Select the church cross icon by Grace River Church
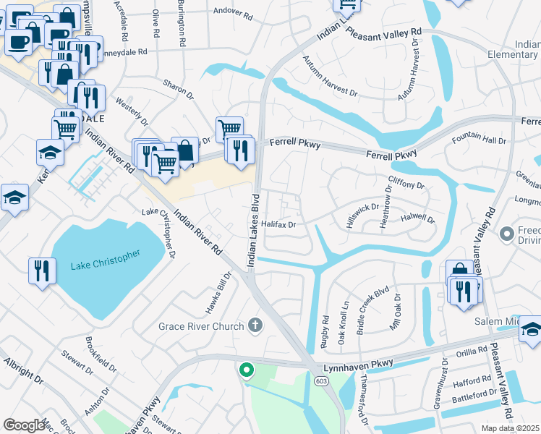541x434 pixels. [254, 325]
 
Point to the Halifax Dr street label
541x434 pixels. [279, 225]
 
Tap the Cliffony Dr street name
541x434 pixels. [407, 184]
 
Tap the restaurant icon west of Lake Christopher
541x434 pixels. [42, 271]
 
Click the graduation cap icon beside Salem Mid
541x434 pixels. [531, 328]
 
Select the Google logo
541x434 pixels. [24, 425]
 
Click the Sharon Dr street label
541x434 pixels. [179, 90]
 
